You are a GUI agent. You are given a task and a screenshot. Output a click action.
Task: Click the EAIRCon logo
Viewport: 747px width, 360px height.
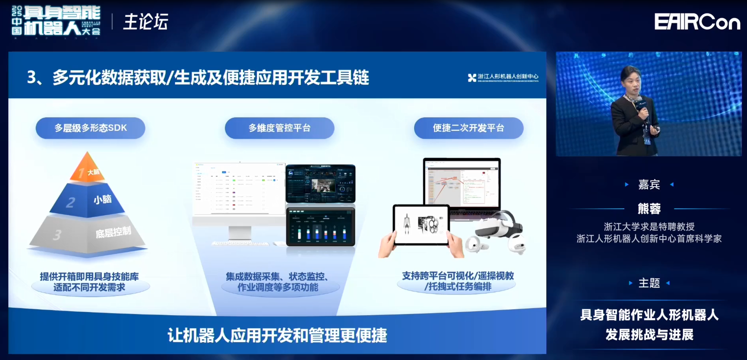697,22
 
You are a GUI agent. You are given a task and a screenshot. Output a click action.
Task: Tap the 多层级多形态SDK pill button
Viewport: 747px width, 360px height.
90,128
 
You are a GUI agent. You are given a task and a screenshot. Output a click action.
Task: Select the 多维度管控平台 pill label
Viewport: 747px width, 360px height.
279,128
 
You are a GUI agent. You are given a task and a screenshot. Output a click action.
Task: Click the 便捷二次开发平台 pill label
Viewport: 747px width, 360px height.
469,128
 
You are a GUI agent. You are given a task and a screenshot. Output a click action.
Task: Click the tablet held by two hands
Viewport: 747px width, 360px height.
421,224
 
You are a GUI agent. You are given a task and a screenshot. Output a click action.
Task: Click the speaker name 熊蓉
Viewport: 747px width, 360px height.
649,209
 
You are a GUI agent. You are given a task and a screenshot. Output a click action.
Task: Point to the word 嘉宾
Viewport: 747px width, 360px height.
649,185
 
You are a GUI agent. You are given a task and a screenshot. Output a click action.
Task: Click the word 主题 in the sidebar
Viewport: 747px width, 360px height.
649,283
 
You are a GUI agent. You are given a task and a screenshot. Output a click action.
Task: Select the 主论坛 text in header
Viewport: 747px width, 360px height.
145,22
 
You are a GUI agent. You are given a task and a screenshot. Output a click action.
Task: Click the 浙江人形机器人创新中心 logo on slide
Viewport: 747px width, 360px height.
503,77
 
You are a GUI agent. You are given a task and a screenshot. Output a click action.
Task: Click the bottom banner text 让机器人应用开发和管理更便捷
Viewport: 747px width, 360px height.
277,335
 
